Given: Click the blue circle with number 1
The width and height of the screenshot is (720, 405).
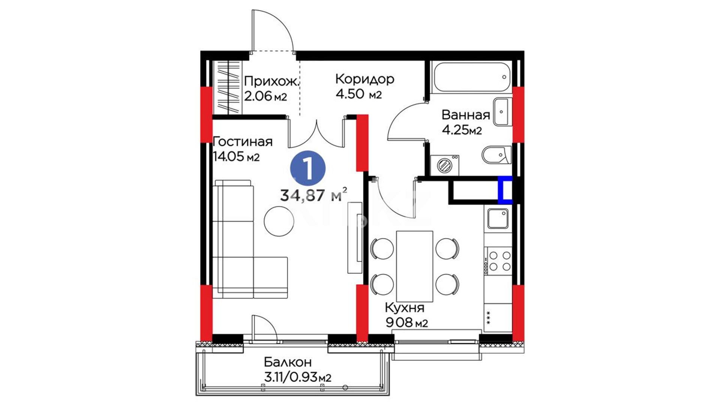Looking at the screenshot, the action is point(308,168).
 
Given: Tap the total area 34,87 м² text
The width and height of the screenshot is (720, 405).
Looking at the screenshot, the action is point(313,195).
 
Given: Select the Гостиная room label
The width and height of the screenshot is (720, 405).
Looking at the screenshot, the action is point(243,142).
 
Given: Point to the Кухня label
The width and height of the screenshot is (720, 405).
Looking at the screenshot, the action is point(405,308).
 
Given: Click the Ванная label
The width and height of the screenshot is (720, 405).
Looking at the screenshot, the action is point(466,115).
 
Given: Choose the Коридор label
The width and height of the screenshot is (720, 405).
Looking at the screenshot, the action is point(365,79).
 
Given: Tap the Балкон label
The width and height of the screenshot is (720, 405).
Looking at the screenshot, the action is point(288,362).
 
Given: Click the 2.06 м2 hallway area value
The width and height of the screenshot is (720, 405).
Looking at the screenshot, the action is point(265,96).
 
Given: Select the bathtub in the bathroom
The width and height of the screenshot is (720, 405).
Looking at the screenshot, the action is point(471,77).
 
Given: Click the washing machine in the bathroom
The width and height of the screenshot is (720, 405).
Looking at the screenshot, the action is point(445,165).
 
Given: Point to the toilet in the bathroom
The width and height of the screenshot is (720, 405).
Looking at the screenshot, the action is point(496,155).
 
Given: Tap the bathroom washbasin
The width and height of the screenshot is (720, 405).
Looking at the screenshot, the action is point(502,112).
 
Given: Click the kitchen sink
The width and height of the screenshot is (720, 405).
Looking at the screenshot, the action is point(498,219).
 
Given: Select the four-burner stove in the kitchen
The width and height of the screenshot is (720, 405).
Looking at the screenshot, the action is point(498,261).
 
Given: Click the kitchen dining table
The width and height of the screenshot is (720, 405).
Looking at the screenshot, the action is point(414,267).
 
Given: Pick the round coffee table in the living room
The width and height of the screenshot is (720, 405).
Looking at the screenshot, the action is point(279,221).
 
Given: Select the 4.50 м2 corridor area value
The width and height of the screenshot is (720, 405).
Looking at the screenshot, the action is point(359,94).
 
